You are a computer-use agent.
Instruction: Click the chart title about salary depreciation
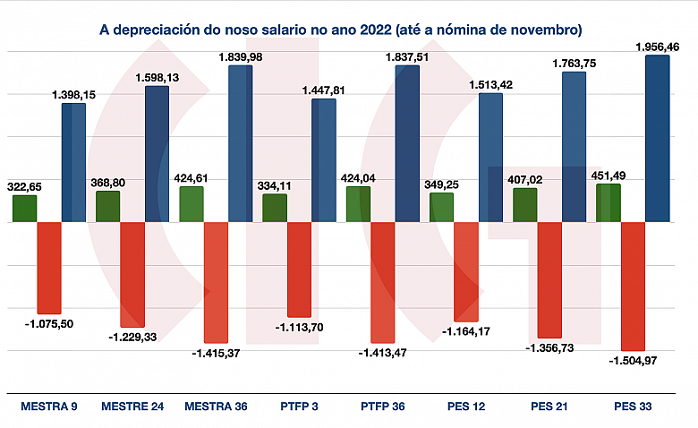pos(340,30)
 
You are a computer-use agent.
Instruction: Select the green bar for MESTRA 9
pos(25,209)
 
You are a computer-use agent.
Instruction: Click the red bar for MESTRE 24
pos(132,274)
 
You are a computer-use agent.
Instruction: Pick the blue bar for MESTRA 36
pos(240,143)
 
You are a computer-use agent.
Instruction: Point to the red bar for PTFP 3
pos(299,269)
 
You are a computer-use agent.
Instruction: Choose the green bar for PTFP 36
pos(359,204)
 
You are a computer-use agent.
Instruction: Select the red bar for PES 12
pos(466,271)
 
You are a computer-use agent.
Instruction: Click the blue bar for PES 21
pos(574,147)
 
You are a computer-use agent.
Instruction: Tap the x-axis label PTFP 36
pos(383,407)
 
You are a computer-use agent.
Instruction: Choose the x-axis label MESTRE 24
pos(132,407)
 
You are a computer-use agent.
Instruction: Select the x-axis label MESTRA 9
pos(49,407)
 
